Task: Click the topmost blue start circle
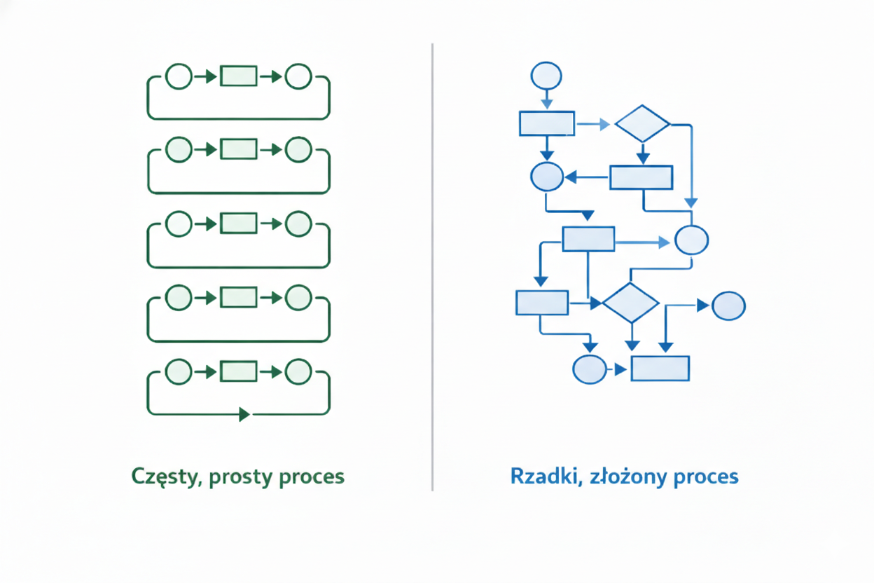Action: click(547, 76)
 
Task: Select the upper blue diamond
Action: click(642, 124)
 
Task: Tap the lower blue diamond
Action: click(631, 303)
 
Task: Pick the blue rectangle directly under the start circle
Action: click(547, 123)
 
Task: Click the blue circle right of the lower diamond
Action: click(728, 306)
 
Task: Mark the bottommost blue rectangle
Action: click(660, 369)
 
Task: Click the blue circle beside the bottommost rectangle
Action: click(590, 369)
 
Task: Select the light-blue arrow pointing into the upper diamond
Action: click(595, 125)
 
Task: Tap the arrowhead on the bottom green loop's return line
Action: click(244, 414)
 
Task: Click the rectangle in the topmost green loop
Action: click(239, 76)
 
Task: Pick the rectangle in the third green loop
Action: click(239, 224)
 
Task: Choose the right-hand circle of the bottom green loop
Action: click(299, 371)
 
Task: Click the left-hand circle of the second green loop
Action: click(179, 149)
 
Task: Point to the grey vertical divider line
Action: click(432, 266)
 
